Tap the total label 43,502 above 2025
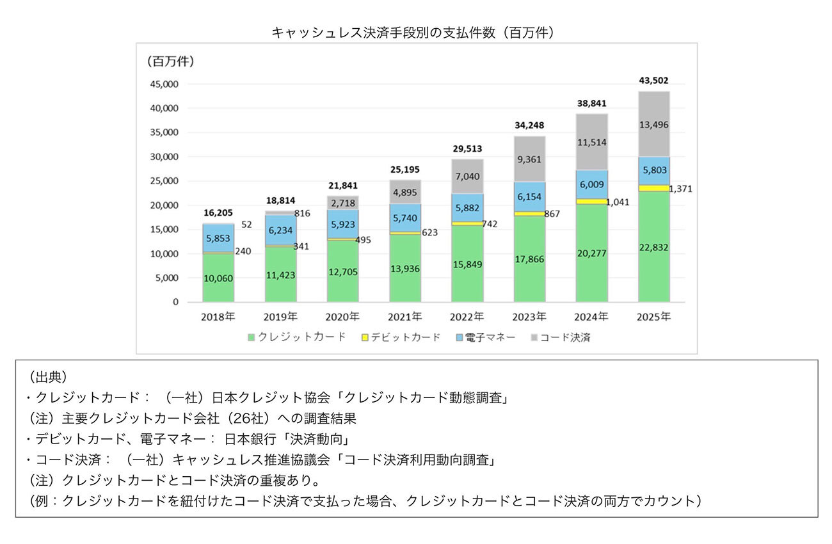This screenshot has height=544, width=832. [654, 81]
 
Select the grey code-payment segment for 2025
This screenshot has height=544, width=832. [654, 124]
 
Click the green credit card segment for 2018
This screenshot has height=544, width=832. [219, 278]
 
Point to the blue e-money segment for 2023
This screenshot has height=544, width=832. [530, 196]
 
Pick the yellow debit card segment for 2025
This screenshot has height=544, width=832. [654, 188]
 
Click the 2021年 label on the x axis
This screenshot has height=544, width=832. [406, 316]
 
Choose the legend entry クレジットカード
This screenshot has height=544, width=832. [301, 337]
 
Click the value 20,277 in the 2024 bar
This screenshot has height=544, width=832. [592, 253]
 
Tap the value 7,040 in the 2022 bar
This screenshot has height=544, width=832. [468, 177]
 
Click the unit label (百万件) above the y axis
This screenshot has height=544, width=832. [171, 62]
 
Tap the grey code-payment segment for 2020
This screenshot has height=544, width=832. [343, 202]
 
